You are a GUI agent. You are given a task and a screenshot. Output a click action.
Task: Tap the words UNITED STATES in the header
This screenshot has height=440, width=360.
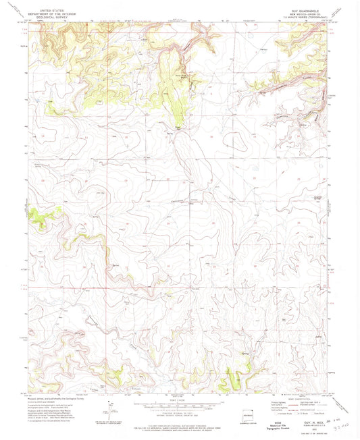click(53, 11)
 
